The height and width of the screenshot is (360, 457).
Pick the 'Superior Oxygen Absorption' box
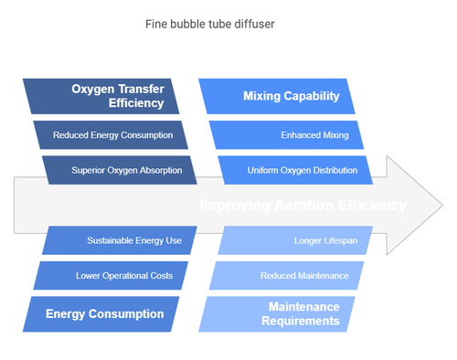[x=119, y=169]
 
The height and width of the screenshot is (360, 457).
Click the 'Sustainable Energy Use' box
[x=119, y=240]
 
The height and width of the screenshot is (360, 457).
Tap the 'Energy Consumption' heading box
[x=105, y=313]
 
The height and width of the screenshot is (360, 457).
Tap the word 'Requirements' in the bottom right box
[x=303, y=321]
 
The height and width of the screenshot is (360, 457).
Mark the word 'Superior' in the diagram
[x=90, y=169]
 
